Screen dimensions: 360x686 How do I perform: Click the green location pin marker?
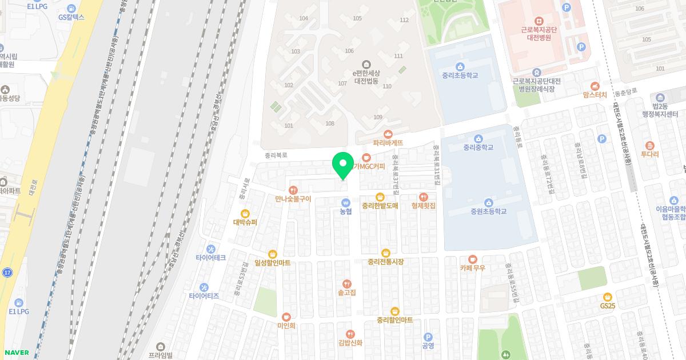tap(342, 166)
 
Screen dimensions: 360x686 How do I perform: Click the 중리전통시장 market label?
tap(386, 262)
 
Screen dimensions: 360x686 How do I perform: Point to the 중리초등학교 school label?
tap(460, 75)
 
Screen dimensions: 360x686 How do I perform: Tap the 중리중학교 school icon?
tap(478, 139)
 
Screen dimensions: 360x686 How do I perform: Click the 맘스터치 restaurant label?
tap(595, 94)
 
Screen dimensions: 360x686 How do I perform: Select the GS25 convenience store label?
tap(607, 306)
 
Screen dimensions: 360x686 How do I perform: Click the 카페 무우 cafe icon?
tap(472, 259)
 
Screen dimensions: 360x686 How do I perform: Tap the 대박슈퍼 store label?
tap(245, 222)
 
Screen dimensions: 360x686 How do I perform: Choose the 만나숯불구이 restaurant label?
tap(293, 199)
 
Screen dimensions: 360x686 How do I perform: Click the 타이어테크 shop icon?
tap(211, 249)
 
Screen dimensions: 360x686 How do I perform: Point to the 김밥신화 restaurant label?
tap(350, 343)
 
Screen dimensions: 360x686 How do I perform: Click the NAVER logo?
tap(16, 353)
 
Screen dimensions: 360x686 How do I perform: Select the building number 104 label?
tap(304, 19)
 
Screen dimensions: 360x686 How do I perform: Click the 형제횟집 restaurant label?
tap(423, 205)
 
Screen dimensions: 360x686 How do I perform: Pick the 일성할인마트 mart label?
tap(272, 262)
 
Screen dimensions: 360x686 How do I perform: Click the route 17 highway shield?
tap(7, 273)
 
